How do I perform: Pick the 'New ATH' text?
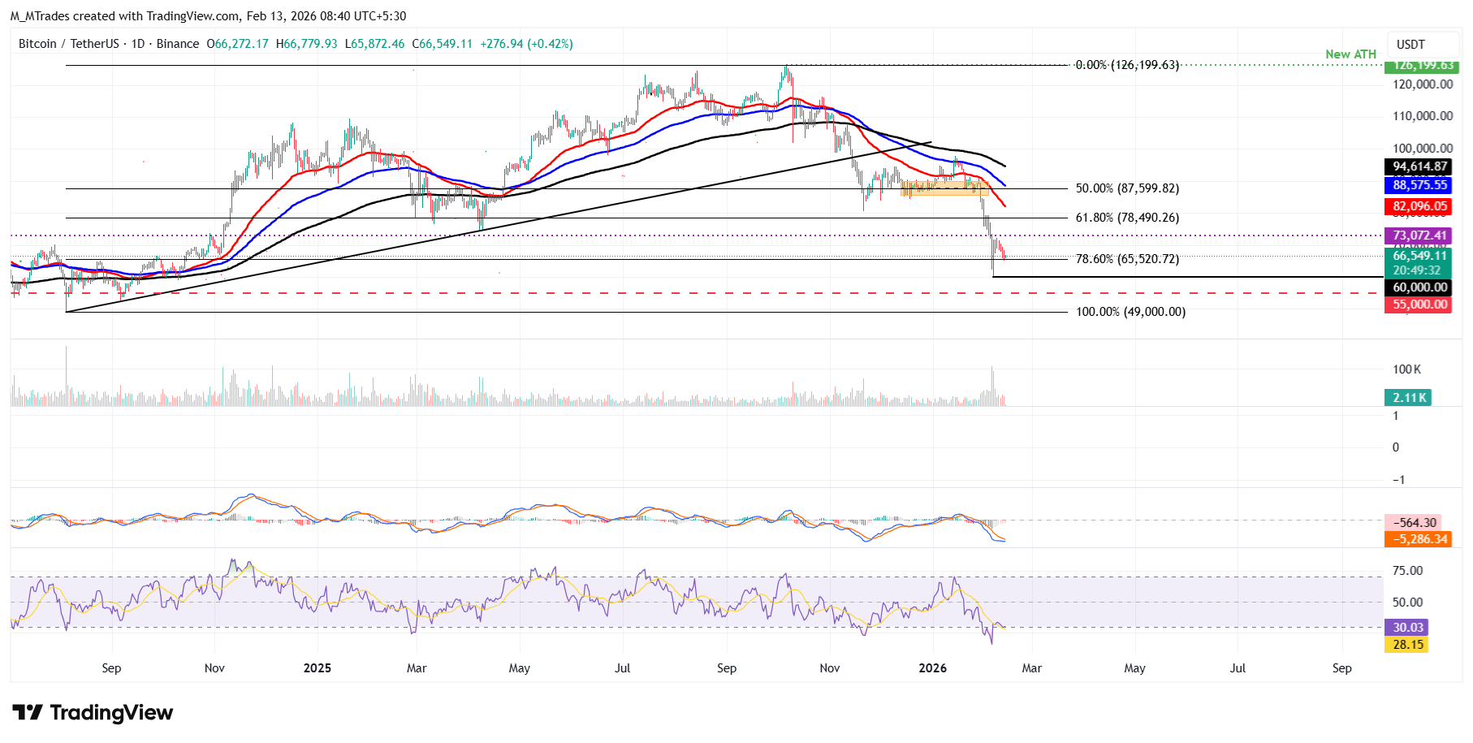tap(1350, 54)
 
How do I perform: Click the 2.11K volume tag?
tap(1408, 398)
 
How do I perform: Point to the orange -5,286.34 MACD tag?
tap(1417, 539)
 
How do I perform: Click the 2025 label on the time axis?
tap(317, 668)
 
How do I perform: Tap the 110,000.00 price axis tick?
tap(1423, 116)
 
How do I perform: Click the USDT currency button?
tap(1410, 45)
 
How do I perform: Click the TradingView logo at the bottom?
tap(93, 713)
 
